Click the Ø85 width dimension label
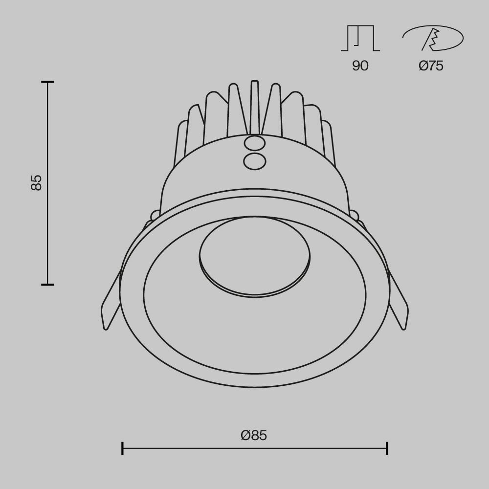(x=254, y=435)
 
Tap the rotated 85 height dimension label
(x=37, y=182)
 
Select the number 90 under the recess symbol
(x=360, y=66)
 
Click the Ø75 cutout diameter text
(x=431, y=66)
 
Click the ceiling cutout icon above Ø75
(x=433, y=38)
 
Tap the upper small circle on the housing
(x=254, y=143)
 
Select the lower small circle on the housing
(x=254, y=161)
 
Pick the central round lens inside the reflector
(x=254, y=257)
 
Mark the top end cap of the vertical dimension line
(x=47, y=82)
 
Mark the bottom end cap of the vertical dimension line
(x=47, y=284)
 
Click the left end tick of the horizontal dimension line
(x=122, y=448)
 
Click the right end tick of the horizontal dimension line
(x=387, y=448)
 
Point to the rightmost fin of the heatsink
(x=329, y=144)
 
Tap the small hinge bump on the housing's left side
(x=155, y=214)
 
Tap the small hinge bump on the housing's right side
(x=354, y=214)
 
